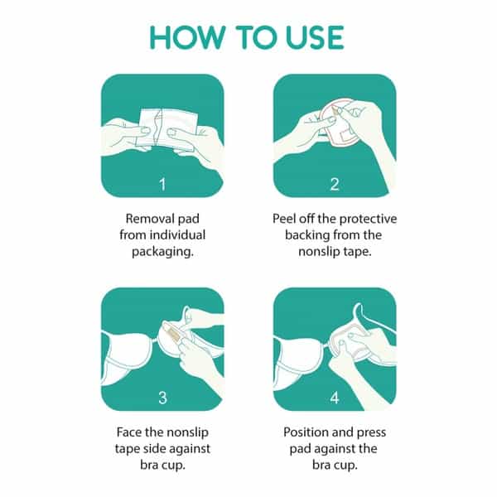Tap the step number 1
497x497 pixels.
pyautogui.click(x=162, y=184)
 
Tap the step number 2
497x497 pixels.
pyautogui.click(x=335, y=184)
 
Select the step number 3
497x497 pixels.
pyautogui.click(x=162, y=398)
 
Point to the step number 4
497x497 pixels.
pyautogui.click(x=335, y=398)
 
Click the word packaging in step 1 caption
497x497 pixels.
pyautogui.click(x=162, y=252)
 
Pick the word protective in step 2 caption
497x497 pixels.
pyautogui.click(x=368, y=220)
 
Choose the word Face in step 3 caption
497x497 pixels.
pyautogui.click(x=128, y=432)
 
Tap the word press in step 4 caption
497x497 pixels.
pyautogui.click(x=371, y=433)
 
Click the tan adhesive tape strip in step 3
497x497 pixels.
pyautogui.click(x=173, y=335)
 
